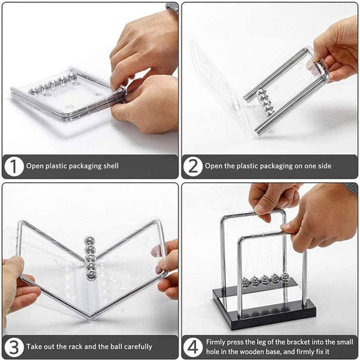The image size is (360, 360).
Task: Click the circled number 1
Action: [x=14, y=166]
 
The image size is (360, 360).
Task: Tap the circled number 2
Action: [x=193, y=166]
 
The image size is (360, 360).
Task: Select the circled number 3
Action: [x=14, y=347]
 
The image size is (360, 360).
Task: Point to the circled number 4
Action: [x=193, y=347]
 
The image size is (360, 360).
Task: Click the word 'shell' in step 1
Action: [x=111, y=166]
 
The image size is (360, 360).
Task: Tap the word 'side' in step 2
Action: [x=324, y=166]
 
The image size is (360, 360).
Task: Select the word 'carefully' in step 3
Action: [x=138, y=347]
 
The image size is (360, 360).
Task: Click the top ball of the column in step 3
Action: [x=90, y=241]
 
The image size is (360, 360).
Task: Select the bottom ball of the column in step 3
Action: [x=92, y=275]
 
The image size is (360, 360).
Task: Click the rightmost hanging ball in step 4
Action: [x=285, y=278]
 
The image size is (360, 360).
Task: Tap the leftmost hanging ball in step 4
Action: [x=245, y=281]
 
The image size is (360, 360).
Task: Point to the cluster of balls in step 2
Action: [x=265, y=102]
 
